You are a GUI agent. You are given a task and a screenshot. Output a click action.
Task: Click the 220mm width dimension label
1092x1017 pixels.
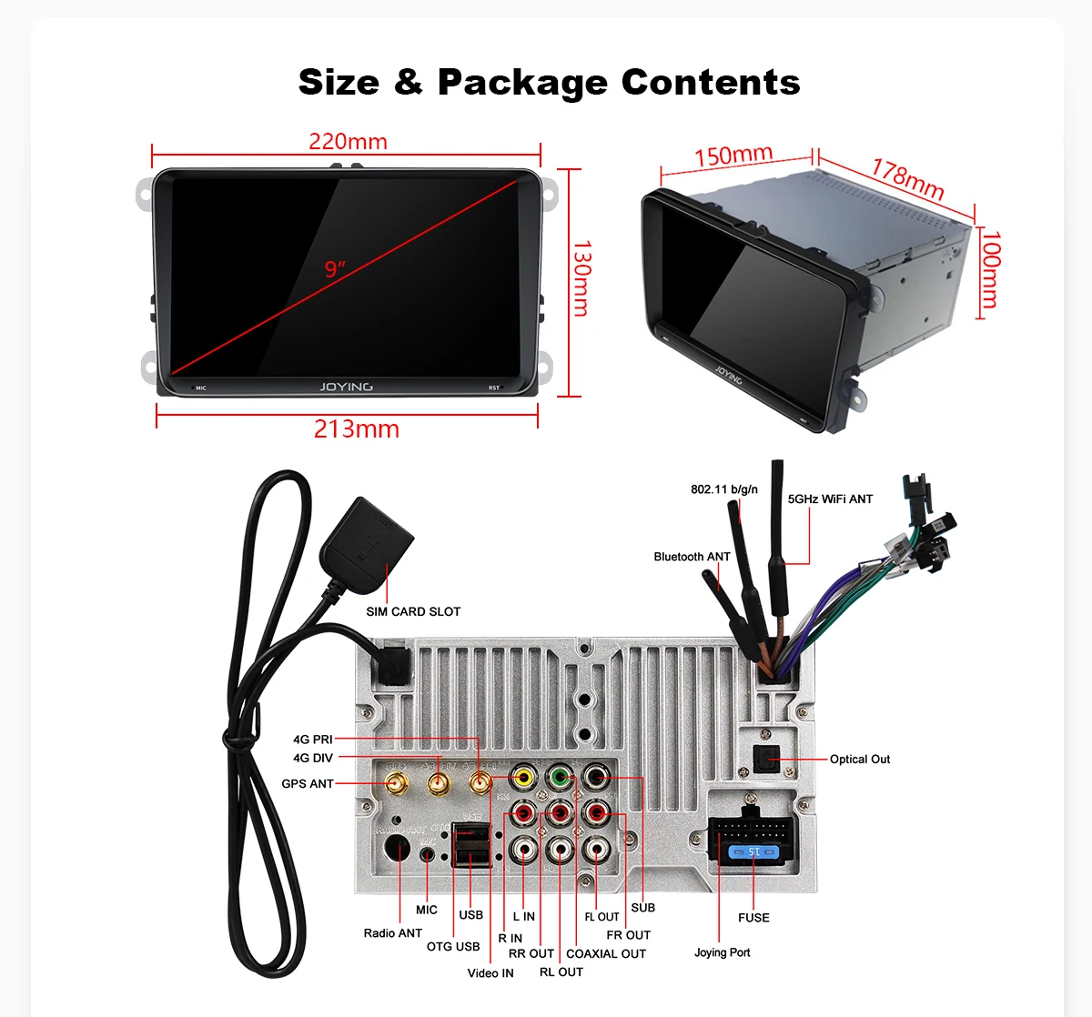pos(348,142)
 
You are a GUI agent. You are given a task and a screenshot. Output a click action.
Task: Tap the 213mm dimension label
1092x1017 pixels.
pos(356,429)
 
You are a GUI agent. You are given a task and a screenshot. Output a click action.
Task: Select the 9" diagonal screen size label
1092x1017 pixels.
pos(335,269)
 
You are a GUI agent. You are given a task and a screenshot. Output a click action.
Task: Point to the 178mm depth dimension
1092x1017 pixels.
pos(907,178)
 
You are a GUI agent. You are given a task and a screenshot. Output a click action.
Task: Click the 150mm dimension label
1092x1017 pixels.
pos(733,156)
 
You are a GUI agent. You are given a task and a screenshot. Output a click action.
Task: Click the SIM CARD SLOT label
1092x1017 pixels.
pos(413,611)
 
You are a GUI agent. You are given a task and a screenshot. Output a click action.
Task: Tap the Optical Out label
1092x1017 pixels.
pos(860,760)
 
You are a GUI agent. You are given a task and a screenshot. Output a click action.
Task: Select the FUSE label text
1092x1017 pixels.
pos(753,918)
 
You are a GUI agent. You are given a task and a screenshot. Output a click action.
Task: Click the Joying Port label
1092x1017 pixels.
pos(723,952)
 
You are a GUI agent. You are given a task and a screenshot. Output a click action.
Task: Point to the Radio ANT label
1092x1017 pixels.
pos(393,933)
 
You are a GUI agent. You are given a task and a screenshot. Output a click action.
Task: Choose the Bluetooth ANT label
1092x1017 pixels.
pos(692,557)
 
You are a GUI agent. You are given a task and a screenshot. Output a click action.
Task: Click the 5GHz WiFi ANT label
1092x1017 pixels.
pos(830,499)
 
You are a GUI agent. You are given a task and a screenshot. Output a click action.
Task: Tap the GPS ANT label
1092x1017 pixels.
pos(308,783)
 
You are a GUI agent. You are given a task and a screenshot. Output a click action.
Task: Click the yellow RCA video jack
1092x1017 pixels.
pos(523,779)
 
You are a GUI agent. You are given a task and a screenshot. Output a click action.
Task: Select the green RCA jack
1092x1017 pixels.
pos(559,779)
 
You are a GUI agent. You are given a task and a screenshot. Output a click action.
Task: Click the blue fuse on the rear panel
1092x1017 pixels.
pos(753,852)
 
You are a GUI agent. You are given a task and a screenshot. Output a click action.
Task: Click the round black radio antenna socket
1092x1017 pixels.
pos(397,849)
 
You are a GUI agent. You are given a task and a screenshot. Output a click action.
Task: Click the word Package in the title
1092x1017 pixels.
pos(522,83)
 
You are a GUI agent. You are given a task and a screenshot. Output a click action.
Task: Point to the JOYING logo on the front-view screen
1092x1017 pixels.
pos(346,387)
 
